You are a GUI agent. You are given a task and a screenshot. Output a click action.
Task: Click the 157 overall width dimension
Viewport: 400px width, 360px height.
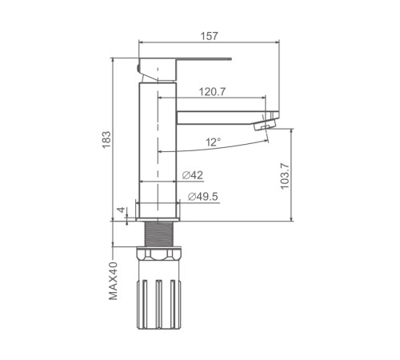pos(210,36)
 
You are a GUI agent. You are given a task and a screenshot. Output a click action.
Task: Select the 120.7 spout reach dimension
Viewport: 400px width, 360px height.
pos(212,92)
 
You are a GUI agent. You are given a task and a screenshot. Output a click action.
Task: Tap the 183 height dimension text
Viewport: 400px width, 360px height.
pos(106,139)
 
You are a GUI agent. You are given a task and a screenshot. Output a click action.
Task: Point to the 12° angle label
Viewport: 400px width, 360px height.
pos(213,142)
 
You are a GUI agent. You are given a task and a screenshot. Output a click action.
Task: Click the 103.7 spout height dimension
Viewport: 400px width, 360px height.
pos(285,176)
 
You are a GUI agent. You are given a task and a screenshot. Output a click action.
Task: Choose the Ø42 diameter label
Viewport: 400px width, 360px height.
pos(193,175)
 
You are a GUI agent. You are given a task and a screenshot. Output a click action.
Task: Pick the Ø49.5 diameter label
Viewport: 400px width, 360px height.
pos(203,197)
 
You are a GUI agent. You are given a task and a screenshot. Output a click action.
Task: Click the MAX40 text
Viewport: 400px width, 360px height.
pos(113,281)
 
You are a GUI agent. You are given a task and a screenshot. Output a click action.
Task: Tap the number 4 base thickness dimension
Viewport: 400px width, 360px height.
pos(122,210)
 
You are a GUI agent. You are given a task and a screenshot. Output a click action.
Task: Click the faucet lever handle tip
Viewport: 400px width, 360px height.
pos(230,58)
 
